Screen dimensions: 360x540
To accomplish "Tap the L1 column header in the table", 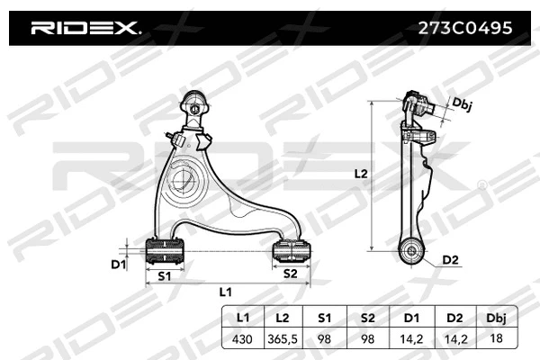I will coord(242,318).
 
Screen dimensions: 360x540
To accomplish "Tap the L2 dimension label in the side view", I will coord(361,174).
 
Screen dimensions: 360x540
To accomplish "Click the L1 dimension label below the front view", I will coord(225,292).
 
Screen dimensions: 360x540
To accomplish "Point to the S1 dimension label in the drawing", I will coord(164,274).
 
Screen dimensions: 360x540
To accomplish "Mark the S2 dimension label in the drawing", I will coord(291,273).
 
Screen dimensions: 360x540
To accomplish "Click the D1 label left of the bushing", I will coord(116,264).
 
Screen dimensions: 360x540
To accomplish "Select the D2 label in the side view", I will coord(450,261).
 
